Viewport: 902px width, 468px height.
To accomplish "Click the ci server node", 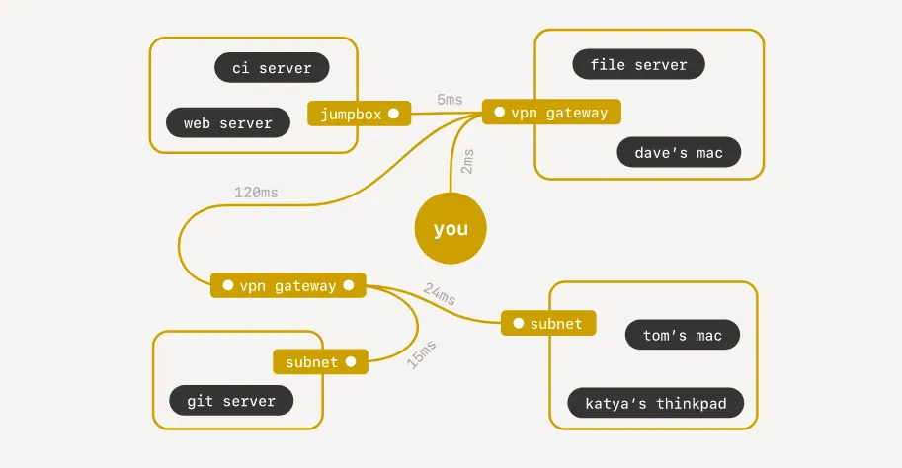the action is [x=272, y=68].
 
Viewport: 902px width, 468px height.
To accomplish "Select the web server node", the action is [x=228, y=122].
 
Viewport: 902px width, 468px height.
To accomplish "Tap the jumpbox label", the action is [x=359, y=114].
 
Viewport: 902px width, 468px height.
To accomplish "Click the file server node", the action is [x=638, y=64].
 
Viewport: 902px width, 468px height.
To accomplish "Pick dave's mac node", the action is [x=679, y=152].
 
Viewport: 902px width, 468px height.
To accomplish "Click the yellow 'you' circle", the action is [x=451, y=228].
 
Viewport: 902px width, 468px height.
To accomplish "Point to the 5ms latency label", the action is [x=450, y=100].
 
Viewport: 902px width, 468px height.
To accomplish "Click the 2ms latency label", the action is [x=467, y=162].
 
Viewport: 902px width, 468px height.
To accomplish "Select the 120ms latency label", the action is [x=256, y=192].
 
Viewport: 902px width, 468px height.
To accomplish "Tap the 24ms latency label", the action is [x=440, y=294].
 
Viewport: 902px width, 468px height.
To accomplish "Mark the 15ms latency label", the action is [x=422, y=354].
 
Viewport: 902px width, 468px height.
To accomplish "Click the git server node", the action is [x=231, y=400].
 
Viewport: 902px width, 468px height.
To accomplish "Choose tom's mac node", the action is [x=683, y=335].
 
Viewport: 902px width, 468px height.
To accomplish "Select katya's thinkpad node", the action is [x=656, y=403].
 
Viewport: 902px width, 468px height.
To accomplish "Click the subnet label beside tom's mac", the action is [x=548, y=323].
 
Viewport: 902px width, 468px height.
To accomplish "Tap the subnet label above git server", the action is [x=320, y=361].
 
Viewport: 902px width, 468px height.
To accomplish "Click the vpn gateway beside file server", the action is [x=551, y=112].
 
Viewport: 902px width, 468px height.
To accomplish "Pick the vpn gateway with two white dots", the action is [x=288, y=285].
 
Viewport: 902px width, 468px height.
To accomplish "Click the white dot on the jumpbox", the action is [x=393, y=114].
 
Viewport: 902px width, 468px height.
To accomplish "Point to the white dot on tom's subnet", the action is [x=519, y=323].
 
